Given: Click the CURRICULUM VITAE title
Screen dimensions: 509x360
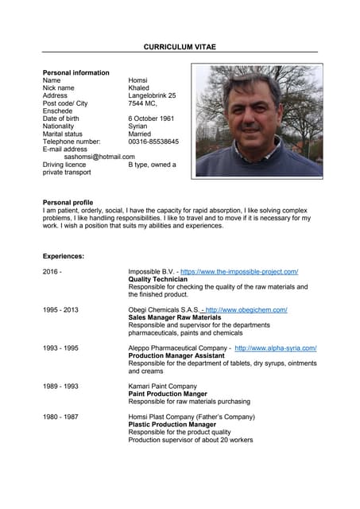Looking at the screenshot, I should click(180, 48).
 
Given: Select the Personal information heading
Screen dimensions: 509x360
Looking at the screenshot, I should click(75, 72).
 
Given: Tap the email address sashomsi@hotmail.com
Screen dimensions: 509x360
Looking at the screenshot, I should click(99, 157).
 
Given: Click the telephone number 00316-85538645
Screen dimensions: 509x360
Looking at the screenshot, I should click(153, 142).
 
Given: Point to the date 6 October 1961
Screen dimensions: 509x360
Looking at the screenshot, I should click(151, 119).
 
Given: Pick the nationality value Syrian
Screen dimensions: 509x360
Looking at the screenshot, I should click(137, 126).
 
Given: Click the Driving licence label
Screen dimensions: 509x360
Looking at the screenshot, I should click(64, 165).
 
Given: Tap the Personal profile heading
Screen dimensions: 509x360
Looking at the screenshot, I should click(68, 202).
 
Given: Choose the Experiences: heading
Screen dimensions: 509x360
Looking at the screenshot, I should click(64, 256).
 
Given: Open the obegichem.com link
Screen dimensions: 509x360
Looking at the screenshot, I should click(246, 309).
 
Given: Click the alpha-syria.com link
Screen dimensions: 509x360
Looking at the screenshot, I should click(276, 348).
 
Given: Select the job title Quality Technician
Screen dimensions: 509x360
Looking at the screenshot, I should click(157, 280).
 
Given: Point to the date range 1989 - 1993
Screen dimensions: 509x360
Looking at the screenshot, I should click(60, 386).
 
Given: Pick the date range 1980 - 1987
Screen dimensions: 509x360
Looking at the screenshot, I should click(60, 416).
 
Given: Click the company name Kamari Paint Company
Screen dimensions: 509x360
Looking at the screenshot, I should click(163, 386).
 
